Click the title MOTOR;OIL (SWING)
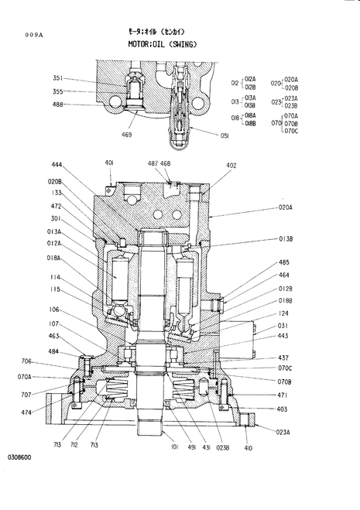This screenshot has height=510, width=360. tap(163, 44)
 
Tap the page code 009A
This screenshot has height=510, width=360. tap(34, 35)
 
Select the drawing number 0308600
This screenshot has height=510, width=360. tap(19, 457)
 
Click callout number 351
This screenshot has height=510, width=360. tap(57, 78)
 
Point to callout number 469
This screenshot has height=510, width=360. tap(126, 135)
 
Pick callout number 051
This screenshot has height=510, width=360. tap(225, 136)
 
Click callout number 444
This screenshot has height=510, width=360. tap(57, 165)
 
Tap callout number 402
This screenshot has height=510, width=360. tap(231, 166)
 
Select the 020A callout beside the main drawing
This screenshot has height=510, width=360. tap(285, 207)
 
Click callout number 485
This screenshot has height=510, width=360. tap(284, 262)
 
